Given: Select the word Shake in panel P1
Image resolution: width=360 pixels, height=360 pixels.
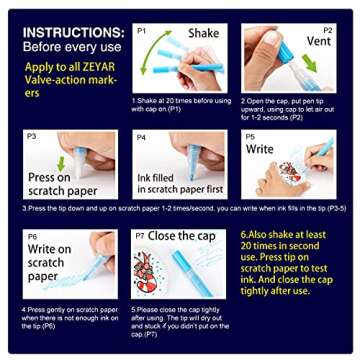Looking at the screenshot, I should (205, 33).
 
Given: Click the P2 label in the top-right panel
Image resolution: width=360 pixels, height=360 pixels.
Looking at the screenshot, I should (254, 32).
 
